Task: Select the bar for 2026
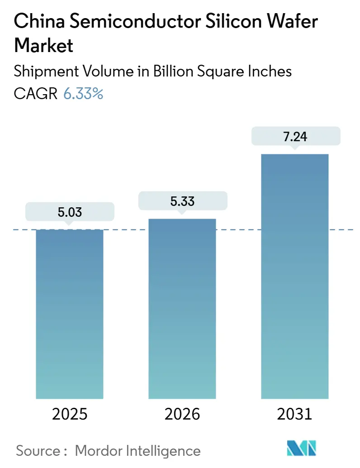click(x=182, y=308)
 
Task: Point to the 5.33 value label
click(x=182, y=201)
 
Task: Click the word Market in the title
click(x=44, y=46)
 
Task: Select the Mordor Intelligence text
click(x=137, y=450)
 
